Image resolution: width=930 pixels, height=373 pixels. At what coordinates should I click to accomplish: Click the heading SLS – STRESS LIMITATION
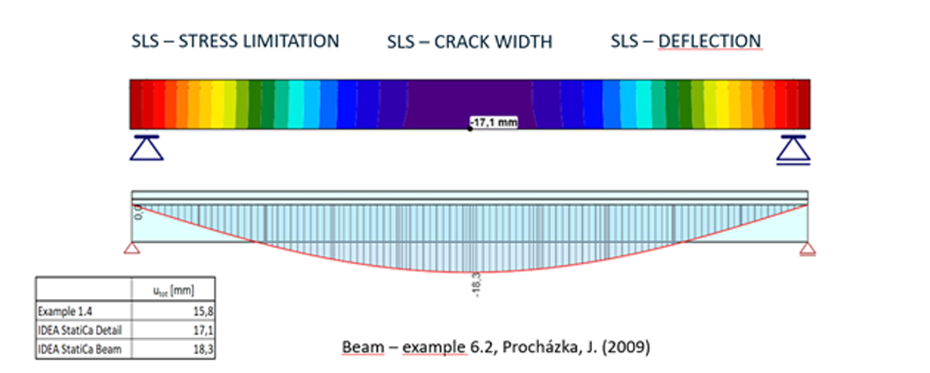point(235,41)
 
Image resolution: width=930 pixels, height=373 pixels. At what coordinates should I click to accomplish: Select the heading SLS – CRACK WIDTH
point(469,42)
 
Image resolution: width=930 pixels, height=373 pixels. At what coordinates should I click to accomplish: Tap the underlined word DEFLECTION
point(710,41)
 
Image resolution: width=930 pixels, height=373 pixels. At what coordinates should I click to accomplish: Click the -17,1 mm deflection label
point(495,123)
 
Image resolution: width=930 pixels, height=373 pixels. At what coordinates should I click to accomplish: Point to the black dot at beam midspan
point(470,129)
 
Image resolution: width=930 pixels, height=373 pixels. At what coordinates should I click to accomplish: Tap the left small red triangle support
point(132,249)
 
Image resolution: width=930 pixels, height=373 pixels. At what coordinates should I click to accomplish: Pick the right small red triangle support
point(807,249)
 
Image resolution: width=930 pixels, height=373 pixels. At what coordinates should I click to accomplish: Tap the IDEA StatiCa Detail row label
point(80,330)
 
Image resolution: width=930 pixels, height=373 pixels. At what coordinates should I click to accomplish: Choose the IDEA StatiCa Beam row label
point(78,348)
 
